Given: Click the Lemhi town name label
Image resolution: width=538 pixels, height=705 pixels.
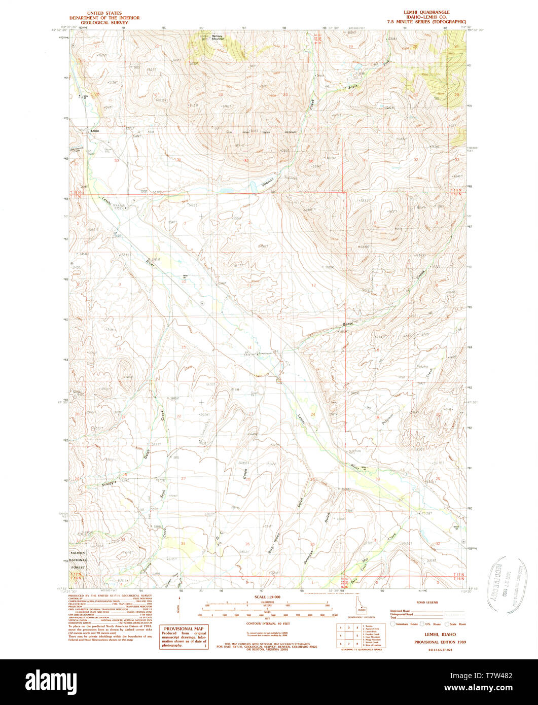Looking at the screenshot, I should point(95,131).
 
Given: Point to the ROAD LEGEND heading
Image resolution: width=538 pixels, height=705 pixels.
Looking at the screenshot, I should point(426,603).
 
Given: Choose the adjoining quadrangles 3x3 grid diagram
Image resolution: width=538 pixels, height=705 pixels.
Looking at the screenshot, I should point(348,634).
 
